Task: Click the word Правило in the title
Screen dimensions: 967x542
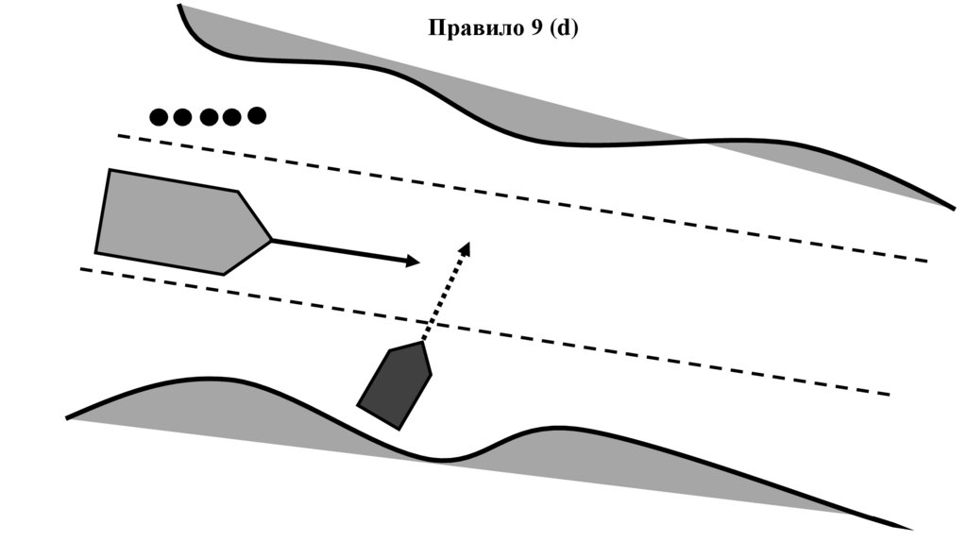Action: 471,28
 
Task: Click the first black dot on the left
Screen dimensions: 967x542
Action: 160,117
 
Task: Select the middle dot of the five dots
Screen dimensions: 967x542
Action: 208,117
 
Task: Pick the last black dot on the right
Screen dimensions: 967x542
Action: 256,115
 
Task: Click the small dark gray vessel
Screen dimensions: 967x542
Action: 394,386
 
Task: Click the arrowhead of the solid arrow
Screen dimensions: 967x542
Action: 412,261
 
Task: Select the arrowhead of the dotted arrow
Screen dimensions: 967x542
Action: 465,247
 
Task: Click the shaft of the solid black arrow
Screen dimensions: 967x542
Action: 340,250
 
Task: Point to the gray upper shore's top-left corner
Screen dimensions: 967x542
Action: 185,11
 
